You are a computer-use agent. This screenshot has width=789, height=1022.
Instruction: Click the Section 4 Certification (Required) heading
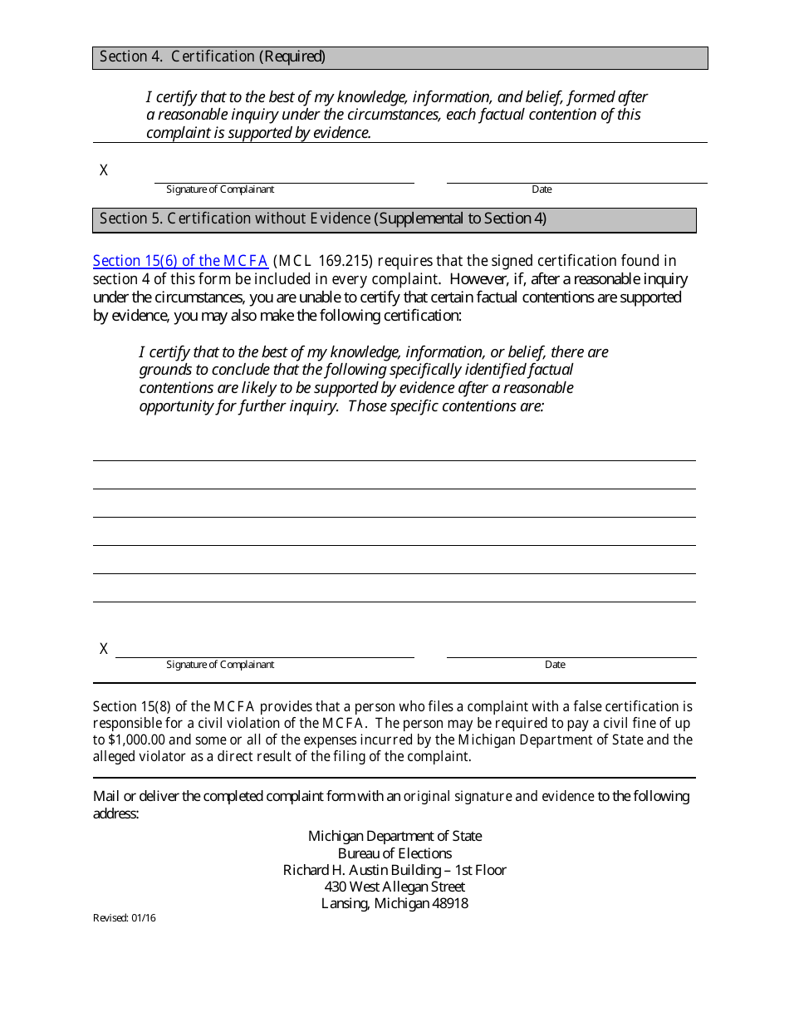click(213, 57)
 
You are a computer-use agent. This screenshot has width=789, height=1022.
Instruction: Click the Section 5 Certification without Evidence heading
click(323, 219)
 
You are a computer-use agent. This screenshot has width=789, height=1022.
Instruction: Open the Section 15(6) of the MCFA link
click(180, 261)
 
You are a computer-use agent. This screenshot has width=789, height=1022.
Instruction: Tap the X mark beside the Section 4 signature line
click(104, 170)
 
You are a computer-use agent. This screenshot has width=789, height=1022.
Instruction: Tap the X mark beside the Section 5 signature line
click(104, 649)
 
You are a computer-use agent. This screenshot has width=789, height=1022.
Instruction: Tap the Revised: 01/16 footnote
click(124, 918)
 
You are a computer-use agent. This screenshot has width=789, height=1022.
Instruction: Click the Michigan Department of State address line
click(394, 836)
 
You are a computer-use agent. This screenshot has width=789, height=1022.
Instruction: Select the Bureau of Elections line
click(394, 853)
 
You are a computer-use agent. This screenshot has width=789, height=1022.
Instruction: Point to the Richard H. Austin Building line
click(394, 870)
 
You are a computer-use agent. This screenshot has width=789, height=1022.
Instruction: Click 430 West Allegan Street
click(394, 887)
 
